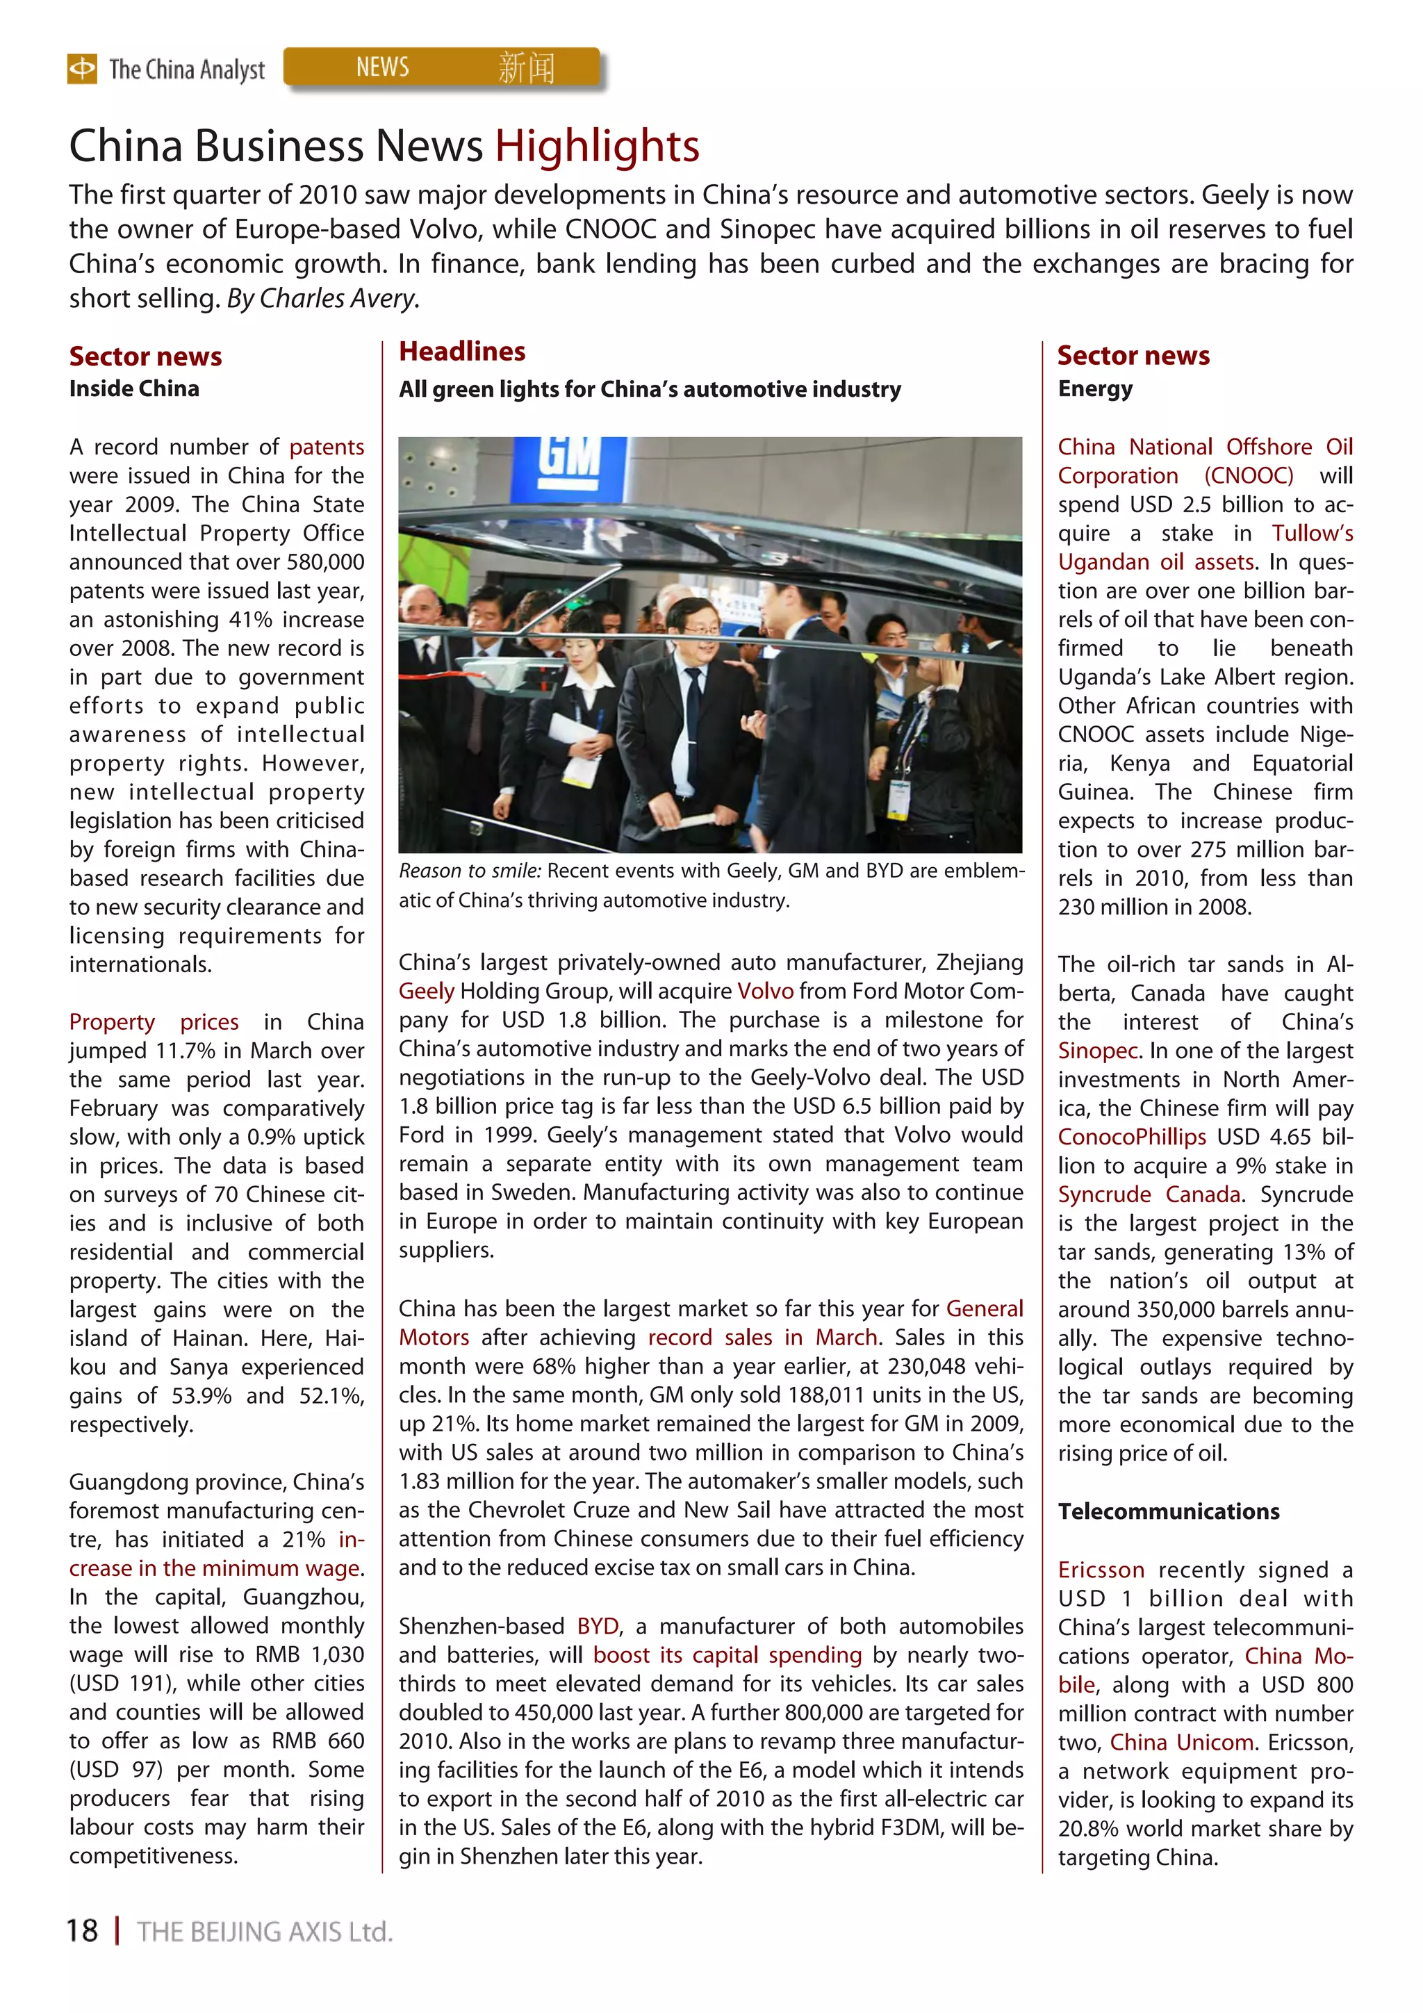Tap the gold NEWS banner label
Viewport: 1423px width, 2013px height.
coord(382,67)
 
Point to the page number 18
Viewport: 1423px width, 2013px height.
coord(83,1930)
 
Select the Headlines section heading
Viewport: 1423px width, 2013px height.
coord(462,352)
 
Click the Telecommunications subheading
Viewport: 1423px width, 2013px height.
coord(1168,1511)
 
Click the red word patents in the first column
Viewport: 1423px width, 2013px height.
coord(326,447)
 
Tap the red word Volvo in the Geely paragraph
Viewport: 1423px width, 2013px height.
coord(764,991)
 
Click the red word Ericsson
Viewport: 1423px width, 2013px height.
coord(1101,1570)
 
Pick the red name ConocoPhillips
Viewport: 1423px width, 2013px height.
coord(1131,1137)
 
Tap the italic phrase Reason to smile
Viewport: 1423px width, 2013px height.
coord(470,871)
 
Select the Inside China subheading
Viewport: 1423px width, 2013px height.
coord(134,388)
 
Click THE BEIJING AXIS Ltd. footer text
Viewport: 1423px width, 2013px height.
coord(265,1932)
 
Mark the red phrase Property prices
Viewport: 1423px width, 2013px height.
coord(154,1022)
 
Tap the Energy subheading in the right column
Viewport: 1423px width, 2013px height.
coord(1094,388)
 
